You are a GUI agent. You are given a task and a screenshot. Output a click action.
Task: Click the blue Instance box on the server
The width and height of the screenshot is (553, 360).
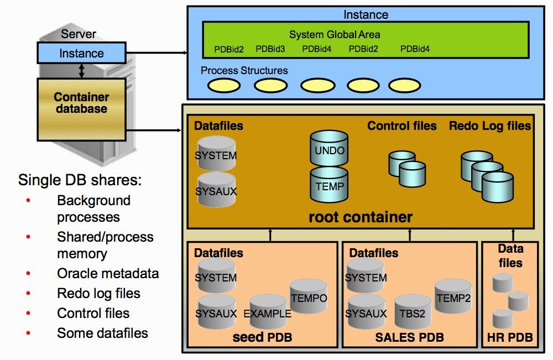82,54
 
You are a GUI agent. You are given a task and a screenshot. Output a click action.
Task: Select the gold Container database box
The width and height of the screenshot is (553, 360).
81,103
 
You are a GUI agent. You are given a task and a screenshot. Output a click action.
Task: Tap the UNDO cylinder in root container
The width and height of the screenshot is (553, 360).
330,148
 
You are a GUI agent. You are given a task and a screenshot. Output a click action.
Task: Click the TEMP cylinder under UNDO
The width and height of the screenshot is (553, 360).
330,185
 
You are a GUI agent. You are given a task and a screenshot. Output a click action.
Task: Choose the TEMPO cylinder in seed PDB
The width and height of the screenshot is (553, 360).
308,297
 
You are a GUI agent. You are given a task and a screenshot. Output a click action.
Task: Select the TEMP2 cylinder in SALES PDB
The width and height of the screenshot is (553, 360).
453,297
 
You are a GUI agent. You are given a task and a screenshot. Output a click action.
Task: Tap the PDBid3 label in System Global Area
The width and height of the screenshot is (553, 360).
270,49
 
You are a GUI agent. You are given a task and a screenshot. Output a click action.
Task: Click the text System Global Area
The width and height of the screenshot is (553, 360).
335,35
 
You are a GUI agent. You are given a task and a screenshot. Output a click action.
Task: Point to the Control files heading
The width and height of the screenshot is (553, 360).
402,126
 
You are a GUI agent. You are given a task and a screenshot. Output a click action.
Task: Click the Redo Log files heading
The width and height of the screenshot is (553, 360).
490,126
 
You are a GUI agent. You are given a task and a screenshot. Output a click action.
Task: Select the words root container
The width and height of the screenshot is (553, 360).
361,217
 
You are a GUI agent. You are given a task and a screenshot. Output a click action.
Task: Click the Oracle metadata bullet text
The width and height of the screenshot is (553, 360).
108,273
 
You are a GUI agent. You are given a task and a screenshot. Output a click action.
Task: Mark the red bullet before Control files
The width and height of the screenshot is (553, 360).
28,313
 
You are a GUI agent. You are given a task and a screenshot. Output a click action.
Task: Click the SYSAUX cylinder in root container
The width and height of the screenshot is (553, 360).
216,189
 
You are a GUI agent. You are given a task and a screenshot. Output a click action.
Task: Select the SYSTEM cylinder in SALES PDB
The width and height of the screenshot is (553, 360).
366,276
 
